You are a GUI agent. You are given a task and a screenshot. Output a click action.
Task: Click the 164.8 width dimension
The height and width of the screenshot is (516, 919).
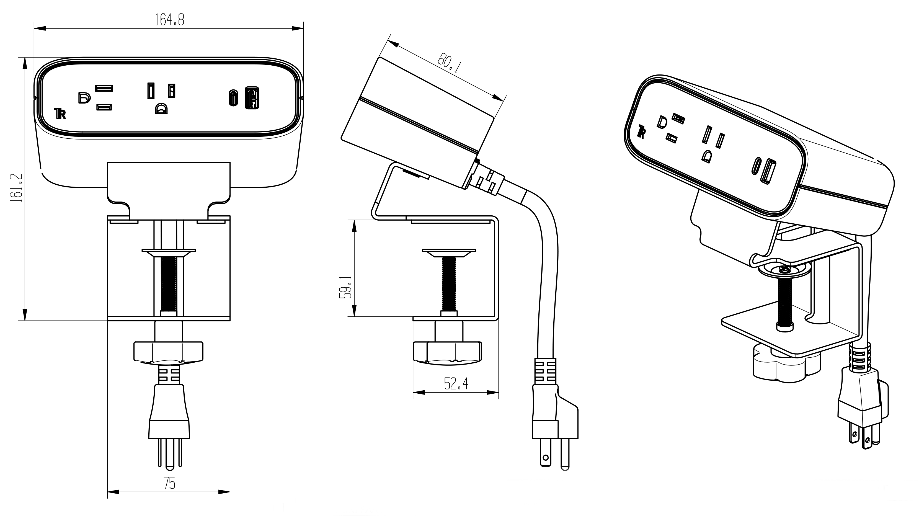click(169, 20)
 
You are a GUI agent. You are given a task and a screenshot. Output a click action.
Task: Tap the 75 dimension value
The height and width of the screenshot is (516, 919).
click(169, 483)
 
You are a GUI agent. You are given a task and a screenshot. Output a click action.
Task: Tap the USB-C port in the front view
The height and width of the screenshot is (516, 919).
click(233, 98)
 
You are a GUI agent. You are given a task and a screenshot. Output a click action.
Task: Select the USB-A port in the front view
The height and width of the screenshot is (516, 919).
click(252, 98)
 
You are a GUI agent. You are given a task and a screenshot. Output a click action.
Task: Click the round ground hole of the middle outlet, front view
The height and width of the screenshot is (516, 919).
click(161, 109)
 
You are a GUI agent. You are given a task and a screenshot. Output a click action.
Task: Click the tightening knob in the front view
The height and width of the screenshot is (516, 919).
click(168, 352)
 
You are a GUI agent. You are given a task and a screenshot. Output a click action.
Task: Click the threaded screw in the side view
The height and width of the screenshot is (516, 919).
click(449, 284)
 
